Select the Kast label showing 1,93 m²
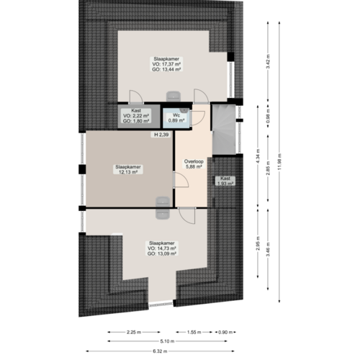[225, 181]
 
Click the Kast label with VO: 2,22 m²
[136, 115]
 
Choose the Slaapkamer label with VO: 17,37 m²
[166, 64]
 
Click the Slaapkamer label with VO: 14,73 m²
[162, 248]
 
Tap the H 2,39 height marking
[161, 135]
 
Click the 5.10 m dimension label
[165, 341]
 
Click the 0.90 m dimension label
[226, 332]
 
